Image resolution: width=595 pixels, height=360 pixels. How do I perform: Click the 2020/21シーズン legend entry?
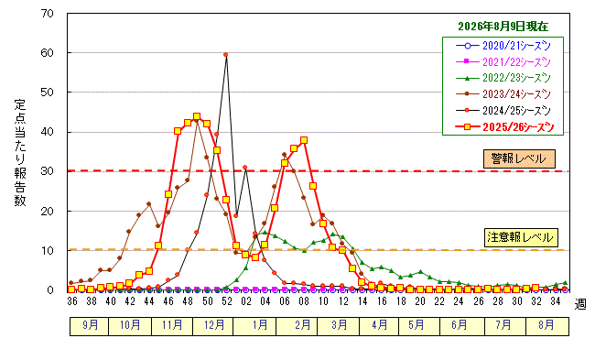coord(503,46)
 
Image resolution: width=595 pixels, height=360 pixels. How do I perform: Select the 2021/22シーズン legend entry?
coord(503,62)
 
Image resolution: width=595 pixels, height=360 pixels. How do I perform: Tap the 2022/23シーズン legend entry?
coord(503,78)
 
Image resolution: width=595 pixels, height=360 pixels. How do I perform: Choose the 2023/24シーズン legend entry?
coord(503,94)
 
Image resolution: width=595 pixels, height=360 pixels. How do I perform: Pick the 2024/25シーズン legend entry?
coord(503,111)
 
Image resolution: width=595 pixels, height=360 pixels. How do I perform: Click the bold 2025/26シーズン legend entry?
coord(504,127)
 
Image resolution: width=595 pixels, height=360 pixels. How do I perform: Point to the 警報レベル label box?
coord(519,158)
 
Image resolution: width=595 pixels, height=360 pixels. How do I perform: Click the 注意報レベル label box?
coord(521,238)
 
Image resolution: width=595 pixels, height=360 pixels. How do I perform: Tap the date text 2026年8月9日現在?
coord(503,27)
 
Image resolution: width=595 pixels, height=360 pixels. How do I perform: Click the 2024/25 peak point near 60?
coord(226,55)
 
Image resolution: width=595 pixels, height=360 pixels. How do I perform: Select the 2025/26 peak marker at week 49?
coord(197,116)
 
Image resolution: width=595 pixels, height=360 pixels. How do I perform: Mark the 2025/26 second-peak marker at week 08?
coord(304,140)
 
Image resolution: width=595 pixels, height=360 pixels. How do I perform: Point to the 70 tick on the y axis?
coord(47,14)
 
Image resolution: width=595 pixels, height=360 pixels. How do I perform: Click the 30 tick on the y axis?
coord(47,171)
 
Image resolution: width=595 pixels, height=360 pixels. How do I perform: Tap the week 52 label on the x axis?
coord(226,301)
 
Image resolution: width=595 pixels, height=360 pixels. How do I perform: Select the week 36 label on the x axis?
coord(72,301)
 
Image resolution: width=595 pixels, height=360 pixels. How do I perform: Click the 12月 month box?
coord(212,325)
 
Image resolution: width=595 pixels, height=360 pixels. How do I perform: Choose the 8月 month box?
coord(547,325)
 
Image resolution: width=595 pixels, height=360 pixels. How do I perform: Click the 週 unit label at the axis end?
coord(580,304)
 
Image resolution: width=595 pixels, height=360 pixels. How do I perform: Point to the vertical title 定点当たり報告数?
coord(20,153)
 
